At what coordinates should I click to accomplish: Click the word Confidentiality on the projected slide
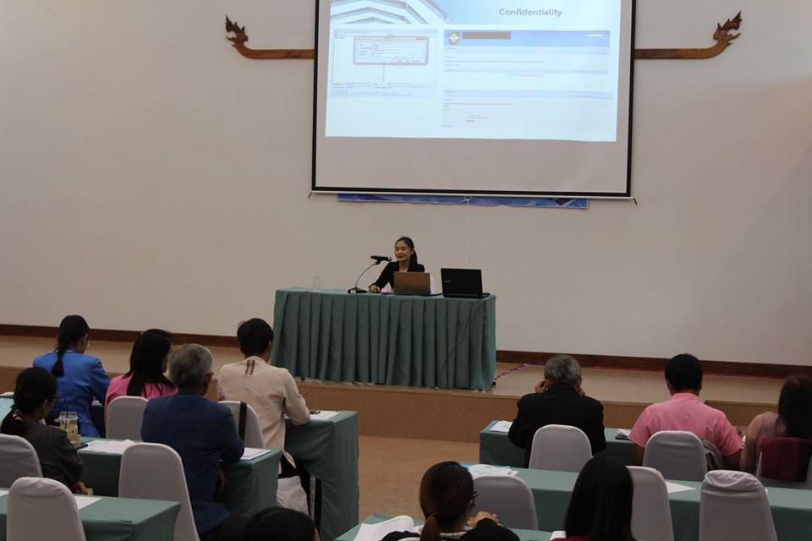click(x=530, y=13)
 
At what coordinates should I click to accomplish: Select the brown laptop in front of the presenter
click(x=412, y=282)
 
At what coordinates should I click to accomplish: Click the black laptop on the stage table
click(x=462, y=282)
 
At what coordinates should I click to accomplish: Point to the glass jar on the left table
click(x=69, y=425)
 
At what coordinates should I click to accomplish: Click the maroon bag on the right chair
click(x=785, y=458)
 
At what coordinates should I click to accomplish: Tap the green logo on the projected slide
click(x=454, y=38)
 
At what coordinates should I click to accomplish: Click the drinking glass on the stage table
click(x=316, y=282)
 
